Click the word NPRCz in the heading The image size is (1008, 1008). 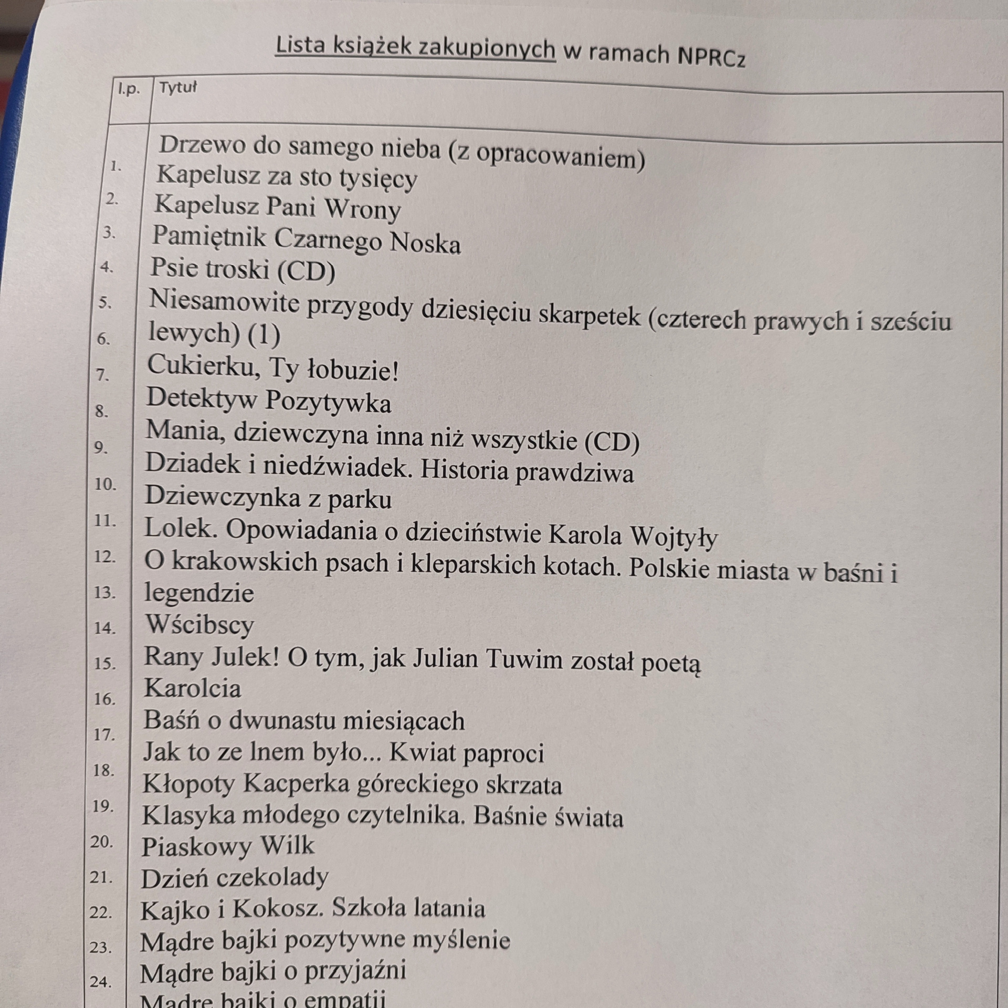point(711,57)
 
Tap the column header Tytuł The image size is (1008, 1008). point(178,88)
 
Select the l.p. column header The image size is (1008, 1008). point(129,89)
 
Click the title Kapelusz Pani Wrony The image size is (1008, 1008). point(277,207)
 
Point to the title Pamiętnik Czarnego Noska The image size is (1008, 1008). point(306,240)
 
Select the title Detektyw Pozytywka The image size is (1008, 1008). point(268,401)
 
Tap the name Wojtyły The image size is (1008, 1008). point(673,535)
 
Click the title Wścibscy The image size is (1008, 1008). point(199,624)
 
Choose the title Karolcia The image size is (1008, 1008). point(192,688)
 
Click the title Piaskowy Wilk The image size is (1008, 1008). point(227,846)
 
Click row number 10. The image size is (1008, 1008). point(105,484)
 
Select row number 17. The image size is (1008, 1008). point(103,734)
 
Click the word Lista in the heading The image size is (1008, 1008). point(300,46)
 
